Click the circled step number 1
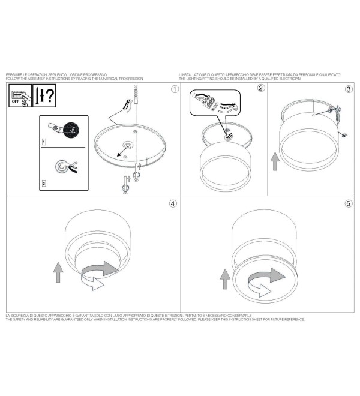pos(175,89)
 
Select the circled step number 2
pos(261,88)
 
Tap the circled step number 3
pos(349,89)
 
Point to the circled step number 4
pos(173,203)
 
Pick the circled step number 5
pos(349,203)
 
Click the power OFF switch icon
pos(20,95)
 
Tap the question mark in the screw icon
pos(50,95)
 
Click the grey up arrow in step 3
pos(275,161)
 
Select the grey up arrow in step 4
pos(58,272)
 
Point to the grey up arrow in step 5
pos(225,279)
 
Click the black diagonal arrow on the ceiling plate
pos(122,152)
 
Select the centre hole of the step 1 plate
pos(127,145)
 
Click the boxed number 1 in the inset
pos(44,142)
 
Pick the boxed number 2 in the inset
pos(44,184)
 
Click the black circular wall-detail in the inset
pos(71,130)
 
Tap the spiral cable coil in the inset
pos(62,166)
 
